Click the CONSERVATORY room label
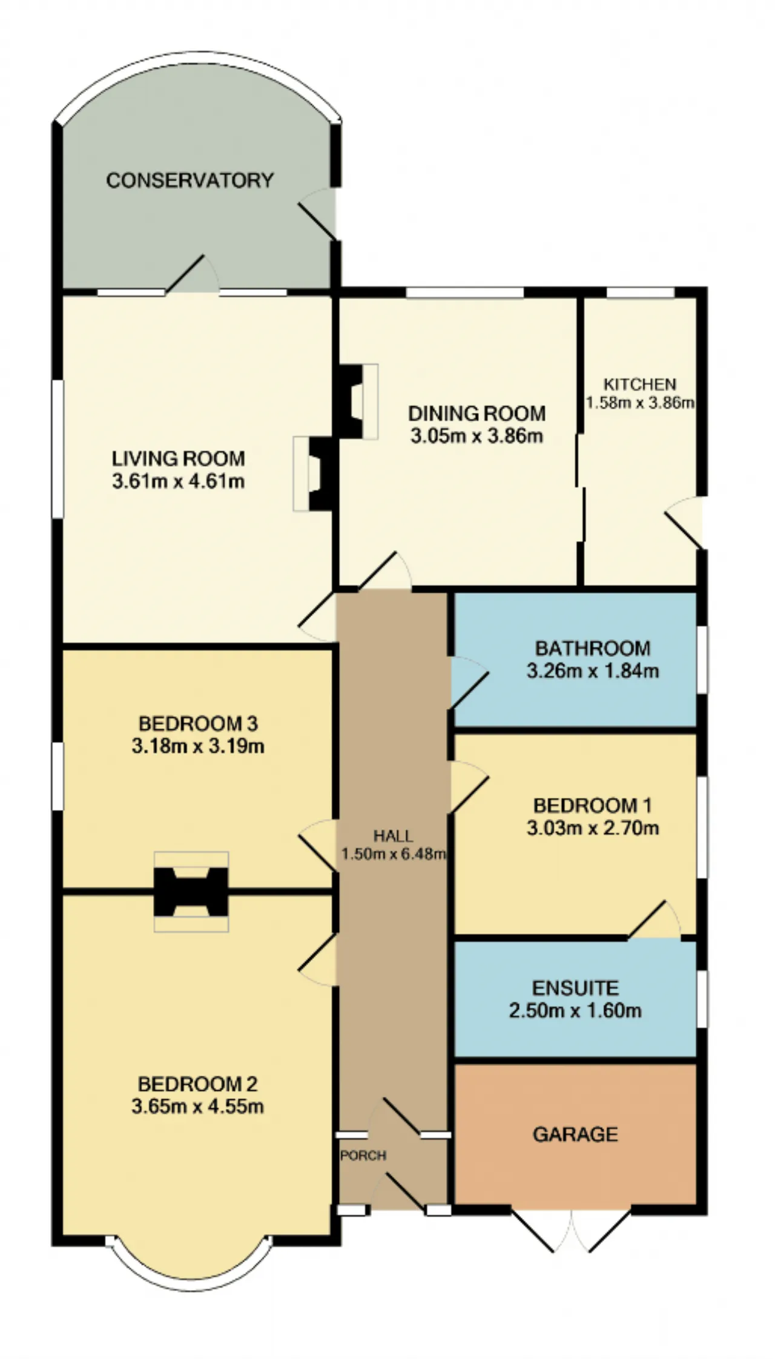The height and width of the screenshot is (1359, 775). click(x=190, y=180)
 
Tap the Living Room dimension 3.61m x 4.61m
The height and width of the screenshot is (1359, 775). click(x=179, y=482)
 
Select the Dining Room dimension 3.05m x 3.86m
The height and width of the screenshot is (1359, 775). click(x=477, y=436)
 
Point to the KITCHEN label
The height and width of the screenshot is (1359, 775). click(x=640, y=384)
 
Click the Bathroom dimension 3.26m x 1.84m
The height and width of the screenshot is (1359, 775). click(x=593, y=671)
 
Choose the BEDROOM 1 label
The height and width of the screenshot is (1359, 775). click(x=592, y=805)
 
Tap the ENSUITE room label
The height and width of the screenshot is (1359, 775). click(x=575, y=988)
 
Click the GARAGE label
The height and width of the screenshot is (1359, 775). click(x=575, y=1134)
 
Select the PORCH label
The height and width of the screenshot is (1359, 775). click(x=363, y=1156)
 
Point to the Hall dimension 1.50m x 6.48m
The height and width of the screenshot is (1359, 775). click(x=394, y=854)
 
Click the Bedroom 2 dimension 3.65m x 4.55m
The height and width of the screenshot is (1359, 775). click(x=197, y=1107)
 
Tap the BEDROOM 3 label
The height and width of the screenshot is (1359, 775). click(x=198, y=723)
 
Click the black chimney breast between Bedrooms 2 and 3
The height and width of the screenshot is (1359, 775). click(x=191, y=892)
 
